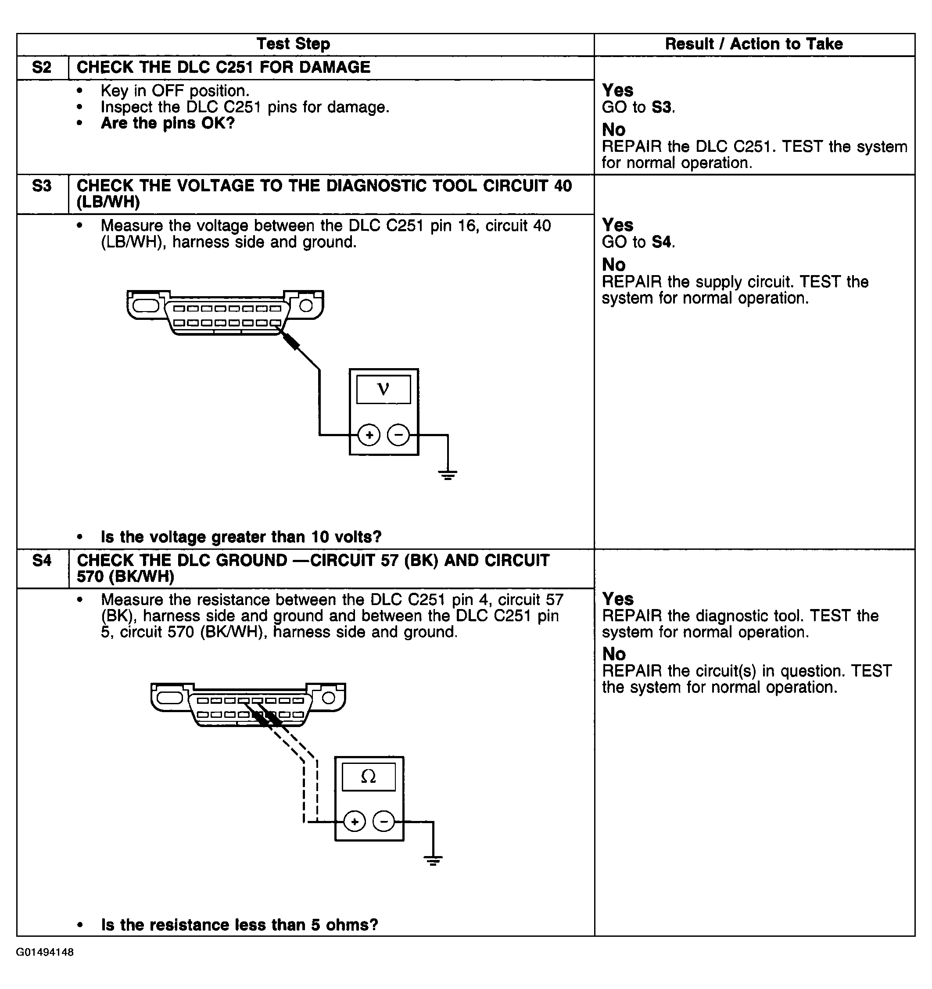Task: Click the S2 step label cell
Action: point(42,67)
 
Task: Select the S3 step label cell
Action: point(42,186)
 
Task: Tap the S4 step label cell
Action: point(42,561)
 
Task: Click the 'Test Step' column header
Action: point(293,44)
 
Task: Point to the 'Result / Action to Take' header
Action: point(753,44)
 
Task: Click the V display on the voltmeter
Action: point(383,389)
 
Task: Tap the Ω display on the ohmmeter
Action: point(368,777)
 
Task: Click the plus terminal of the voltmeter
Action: point(369,435)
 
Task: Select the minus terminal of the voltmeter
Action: point(398,435)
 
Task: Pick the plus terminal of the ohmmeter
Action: point(354,822)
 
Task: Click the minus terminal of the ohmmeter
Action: point(383,822)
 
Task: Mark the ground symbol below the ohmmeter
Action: point(433,860)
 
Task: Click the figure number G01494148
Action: point(45,952)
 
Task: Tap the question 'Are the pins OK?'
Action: point(168,123)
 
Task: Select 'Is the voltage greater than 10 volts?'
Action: point(241,537)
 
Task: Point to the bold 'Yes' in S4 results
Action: point(617,598)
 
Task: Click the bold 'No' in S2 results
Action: point(613,130)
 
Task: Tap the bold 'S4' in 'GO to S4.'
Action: point(661,242)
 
